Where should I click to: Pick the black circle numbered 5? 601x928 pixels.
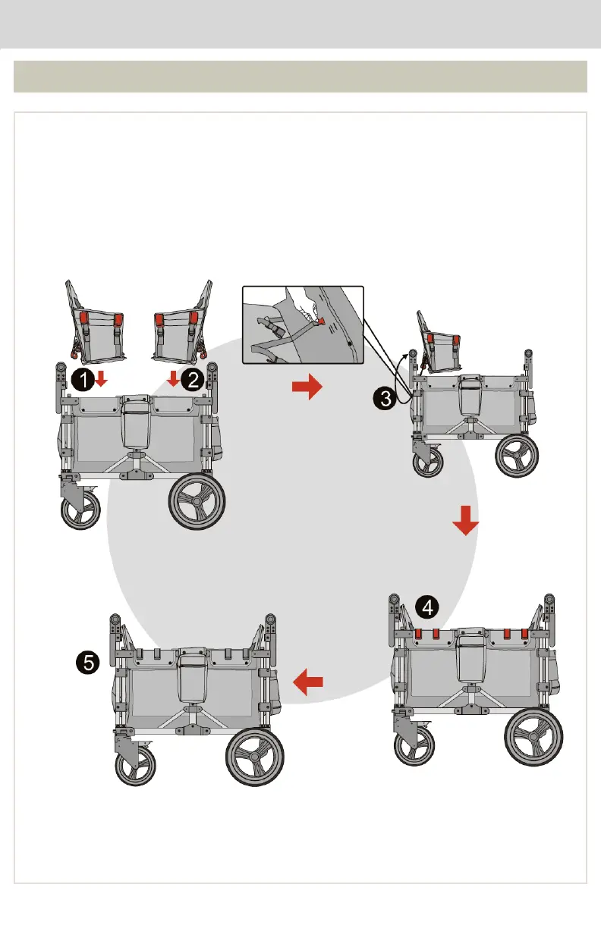click(x=89, y=663)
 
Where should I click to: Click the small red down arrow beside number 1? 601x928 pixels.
click(x=101, y=379)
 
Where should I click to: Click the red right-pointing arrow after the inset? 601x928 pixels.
click(x=307, y=388)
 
